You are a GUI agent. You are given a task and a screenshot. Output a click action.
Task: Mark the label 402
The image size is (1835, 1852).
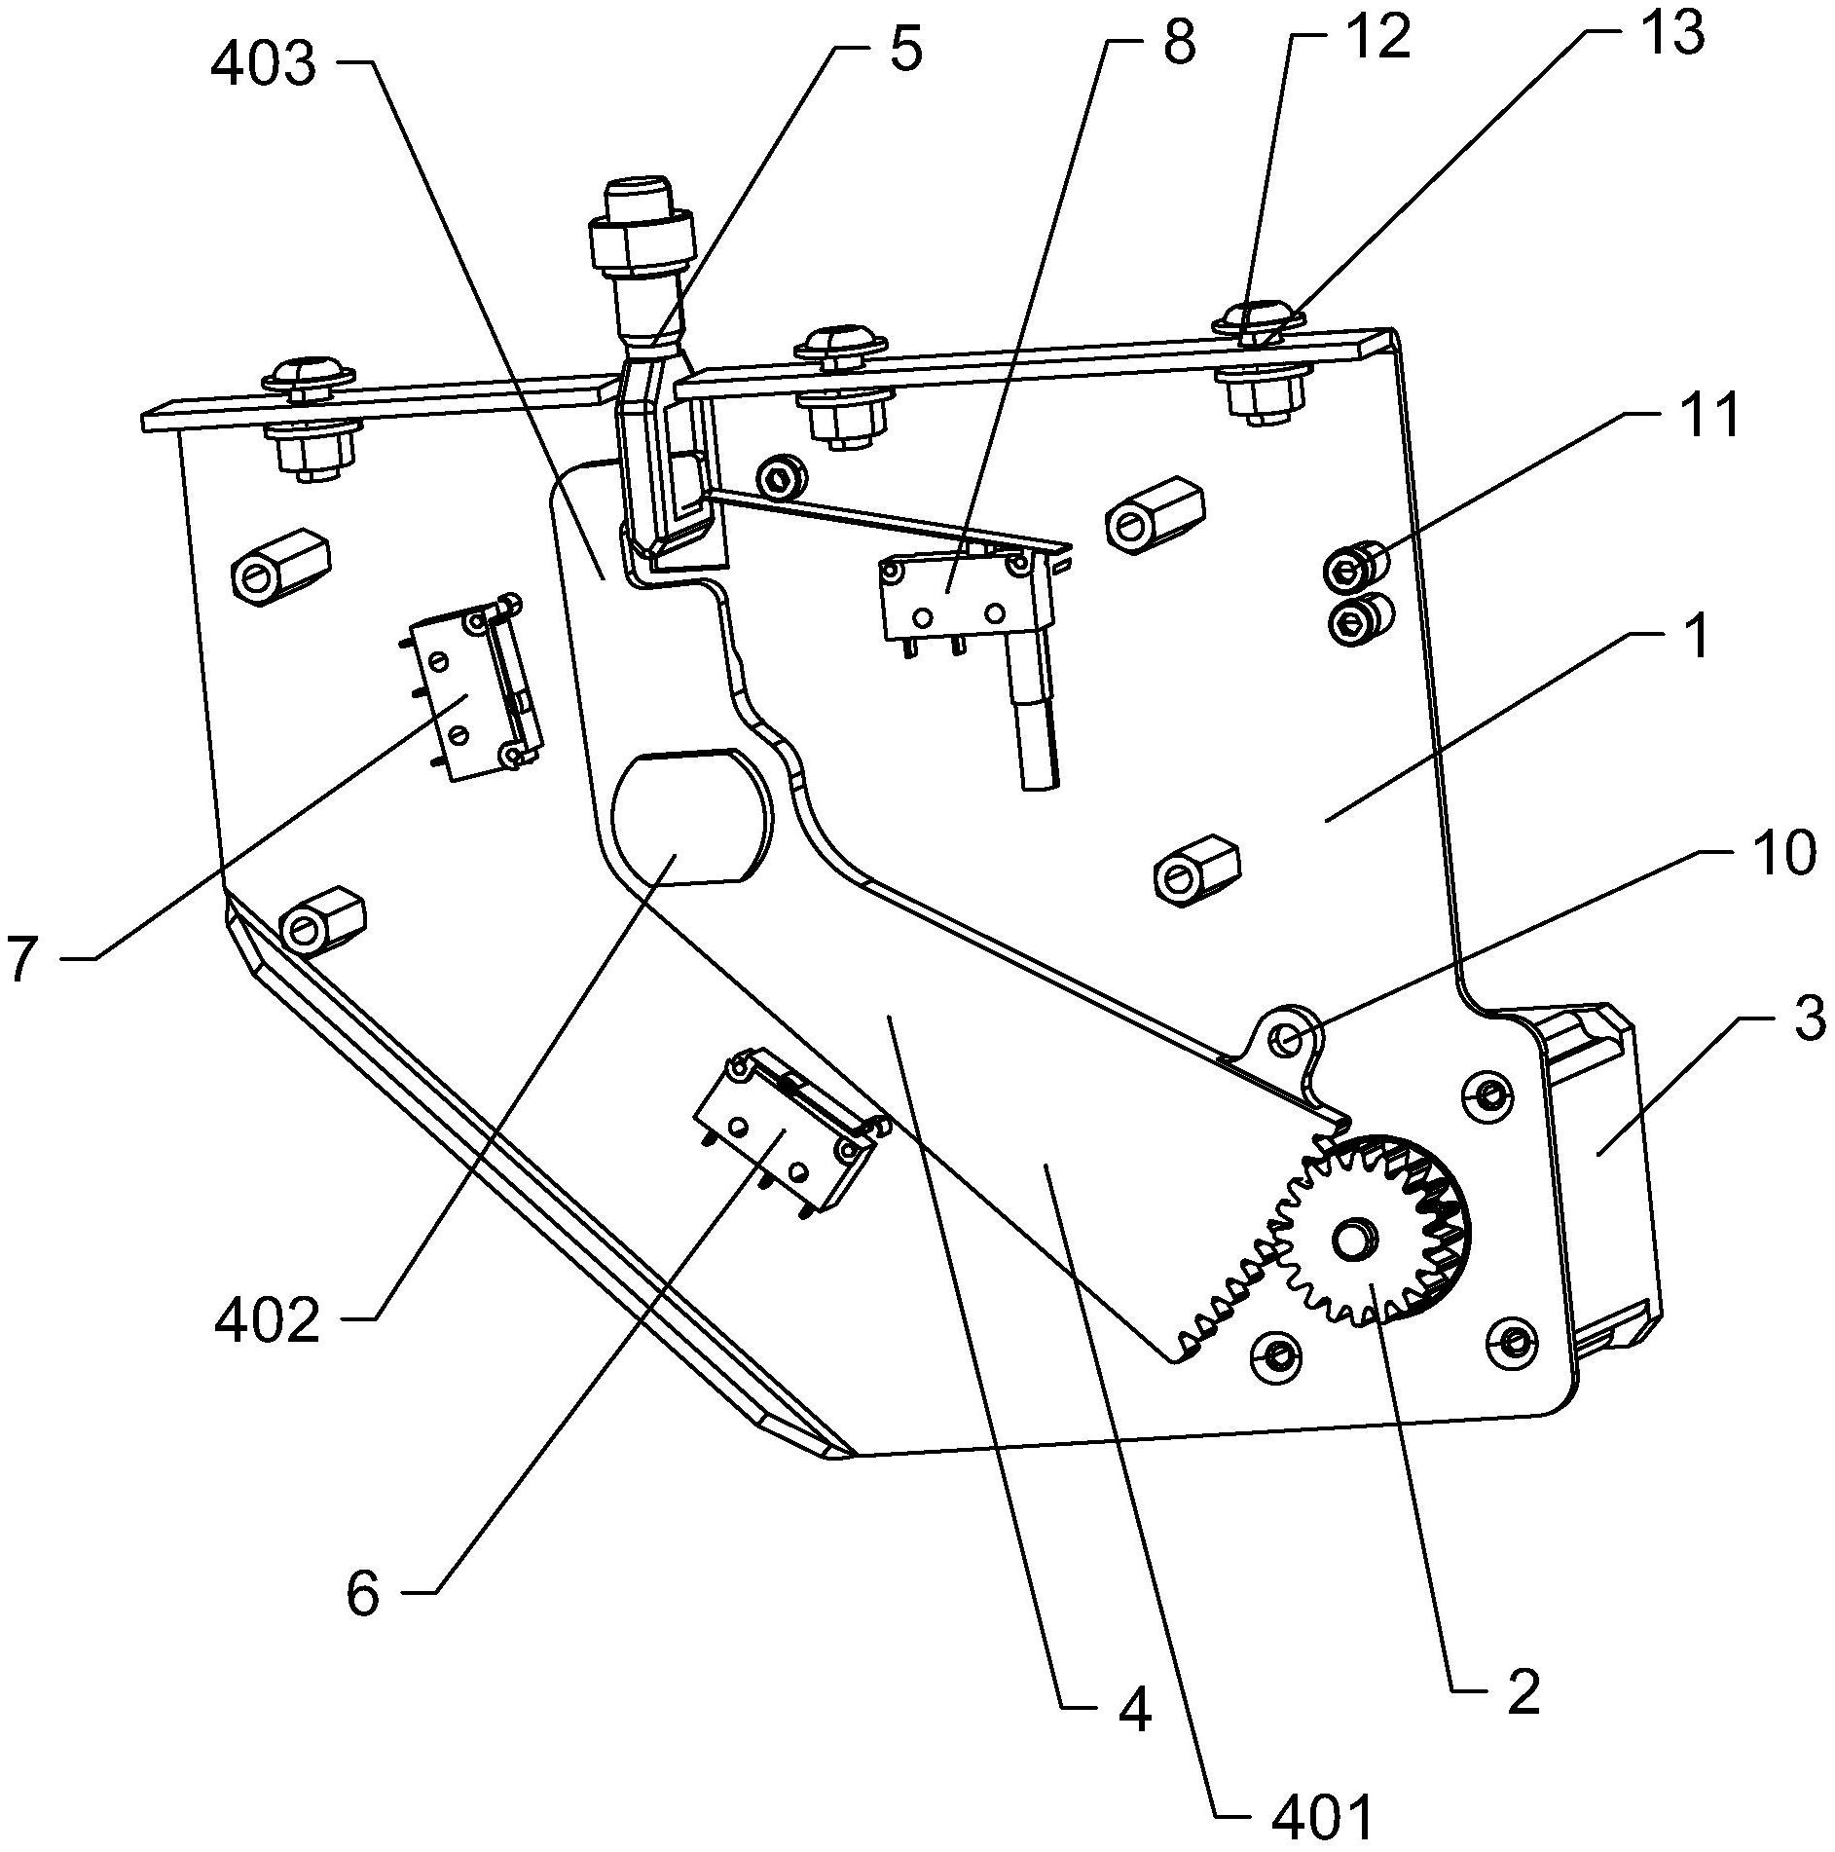coord(266,1322)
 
